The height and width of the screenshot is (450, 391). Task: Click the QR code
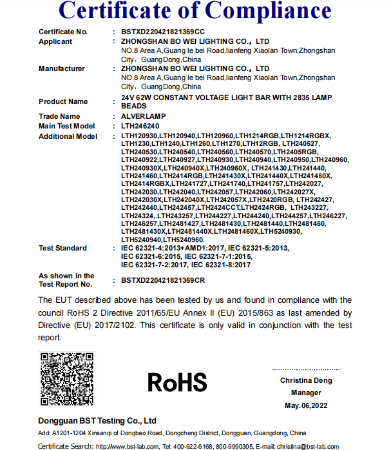pos(67,380)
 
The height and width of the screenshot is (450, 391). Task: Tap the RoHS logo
pos(177,382)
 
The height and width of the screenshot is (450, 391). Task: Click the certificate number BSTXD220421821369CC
pos(163,32)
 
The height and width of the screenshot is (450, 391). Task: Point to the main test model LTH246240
pos(140,126)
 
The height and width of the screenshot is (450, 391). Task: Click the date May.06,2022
pos(306,405)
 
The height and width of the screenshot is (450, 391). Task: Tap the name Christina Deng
pos(306,380)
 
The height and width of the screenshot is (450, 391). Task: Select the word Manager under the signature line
pos(306,393)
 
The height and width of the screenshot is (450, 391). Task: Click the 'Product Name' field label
pos(63,101)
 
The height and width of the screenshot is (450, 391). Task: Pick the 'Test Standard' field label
pos(62,248)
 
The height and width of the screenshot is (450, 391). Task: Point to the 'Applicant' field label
pos(55,41)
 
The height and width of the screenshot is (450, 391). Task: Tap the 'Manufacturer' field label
pos(62,68)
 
